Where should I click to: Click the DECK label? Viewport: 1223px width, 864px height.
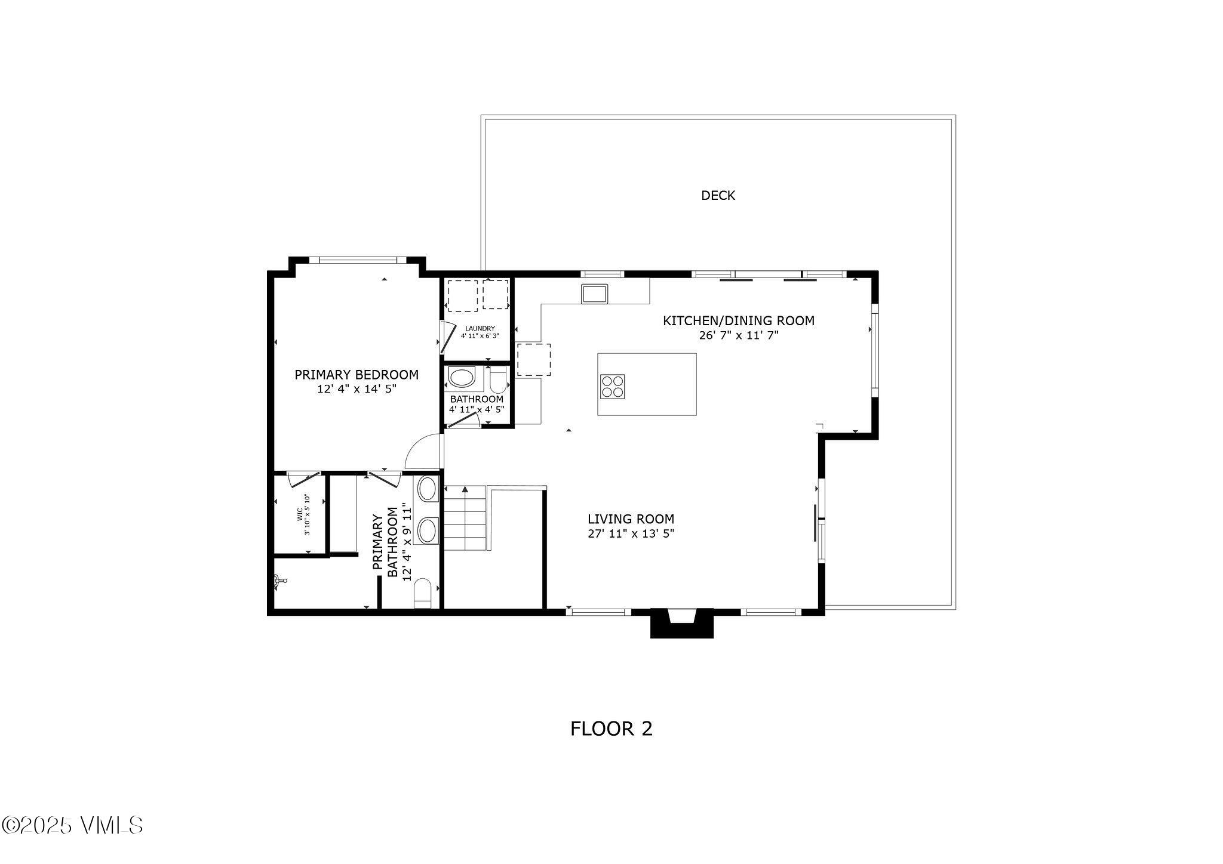click(718, 196)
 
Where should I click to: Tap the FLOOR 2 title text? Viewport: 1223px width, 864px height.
click(611, 729)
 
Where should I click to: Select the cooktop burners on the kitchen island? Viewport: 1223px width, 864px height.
click(612, 385)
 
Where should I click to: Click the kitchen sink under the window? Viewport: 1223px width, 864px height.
click(594, 294)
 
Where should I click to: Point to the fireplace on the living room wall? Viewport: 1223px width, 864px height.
click(681, 622)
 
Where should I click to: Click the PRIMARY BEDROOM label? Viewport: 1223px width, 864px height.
click(357, 375)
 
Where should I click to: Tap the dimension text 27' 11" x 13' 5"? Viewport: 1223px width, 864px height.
click(631, 534)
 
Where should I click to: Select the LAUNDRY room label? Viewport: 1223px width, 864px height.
click(480, 328)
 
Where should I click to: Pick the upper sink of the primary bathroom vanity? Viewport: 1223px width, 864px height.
click(426, 489)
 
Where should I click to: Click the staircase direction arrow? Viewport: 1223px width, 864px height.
click(465, 490)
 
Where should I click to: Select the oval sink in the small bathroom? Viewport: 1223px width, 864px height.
click(460, 378)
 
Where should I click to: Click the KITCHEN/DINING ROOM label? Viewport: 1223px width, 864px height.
click(738, 321)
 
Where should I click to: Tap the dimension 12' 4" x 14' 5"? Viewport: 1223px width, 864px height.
click(357, 389)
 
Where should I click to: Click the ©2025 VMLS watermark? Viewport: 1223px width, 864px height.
click(72, 826)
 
